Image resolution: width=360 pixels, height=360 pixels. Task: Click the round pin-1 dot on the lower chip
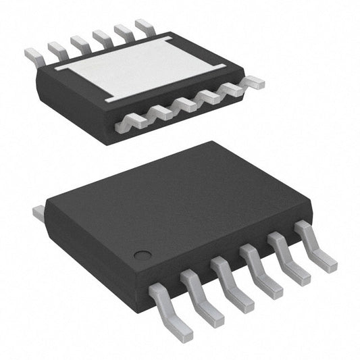142,255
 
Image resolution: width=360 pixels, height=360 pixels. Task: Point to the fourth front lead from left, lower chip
261,270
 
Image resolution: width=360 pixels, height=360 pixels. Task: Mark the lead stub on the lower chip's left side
38,213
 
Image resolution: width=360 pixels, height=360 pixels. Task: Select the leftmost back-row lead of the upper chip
34,54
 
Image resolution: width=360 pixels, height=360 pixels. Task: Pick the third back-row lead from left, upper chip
80,43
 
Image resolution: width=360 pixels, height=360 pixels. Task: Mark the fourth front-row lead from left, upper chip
209,97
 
